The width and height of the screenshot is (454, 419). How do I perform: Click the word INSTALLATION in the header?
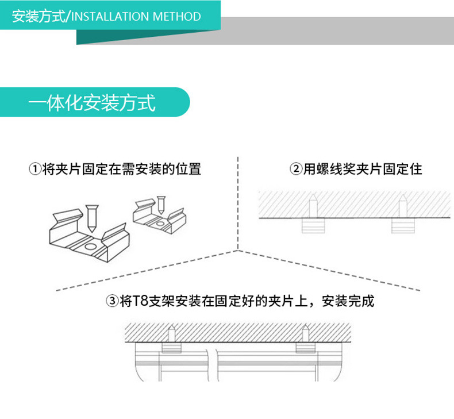tap(110, 16)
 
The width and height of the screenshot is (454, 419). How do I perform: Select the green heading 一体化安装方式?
tap(93, 103)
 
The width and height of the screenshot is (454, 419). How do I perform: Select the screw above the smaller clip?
tap(162, 205)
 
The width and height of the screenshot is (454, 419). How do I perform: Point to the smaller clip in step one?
tap(155, 218)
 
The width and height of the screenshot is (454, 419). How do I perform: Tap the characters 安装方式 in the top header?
tap(39, 16)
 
